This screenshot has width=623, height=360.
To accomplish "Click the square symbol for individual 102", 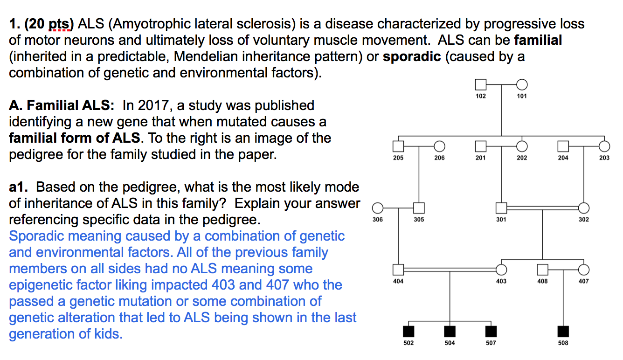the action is (x=480, y=85).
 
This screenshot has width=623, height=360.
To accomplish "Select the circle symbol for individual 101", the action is (x=522, y=85).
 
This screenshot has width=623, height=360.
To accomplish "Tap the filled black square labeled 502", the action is (x=409, y=331).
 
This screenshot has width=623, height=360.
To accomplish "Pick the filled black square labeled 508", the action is (x=563, y=331).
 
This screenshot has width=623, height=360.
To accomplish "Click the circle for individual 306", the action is (x=378, y=208).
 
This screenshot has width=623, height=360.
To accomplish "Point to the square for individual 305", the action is (x=419, y=208).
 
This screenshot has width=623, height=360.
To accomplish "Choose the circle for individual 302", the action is (x=584, y=208).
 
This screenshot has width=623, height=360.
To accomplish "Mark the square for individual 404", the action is (x=398, y=270).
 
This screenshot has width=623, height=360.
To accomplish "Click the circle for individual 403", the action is (x=501, y=270).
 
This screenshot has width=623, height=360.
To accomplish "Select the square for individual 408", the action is (x=542, y=270).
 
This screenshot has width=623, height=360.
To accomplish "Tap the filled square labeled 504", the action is (x=450, y=331).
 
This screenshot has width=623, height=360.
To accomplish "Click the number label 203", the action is (x=604, y=158).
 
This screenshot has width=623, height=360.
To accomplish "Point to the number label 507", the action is (x=491, y=343).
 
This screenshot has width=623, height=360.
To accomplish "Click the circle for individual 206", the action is (x=439, y=146).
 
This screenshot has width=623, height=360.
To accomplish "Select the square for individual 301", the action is (x=501, y=208).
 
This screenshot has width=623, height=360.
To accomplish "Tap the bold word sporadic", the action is (x=411, y=56).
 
